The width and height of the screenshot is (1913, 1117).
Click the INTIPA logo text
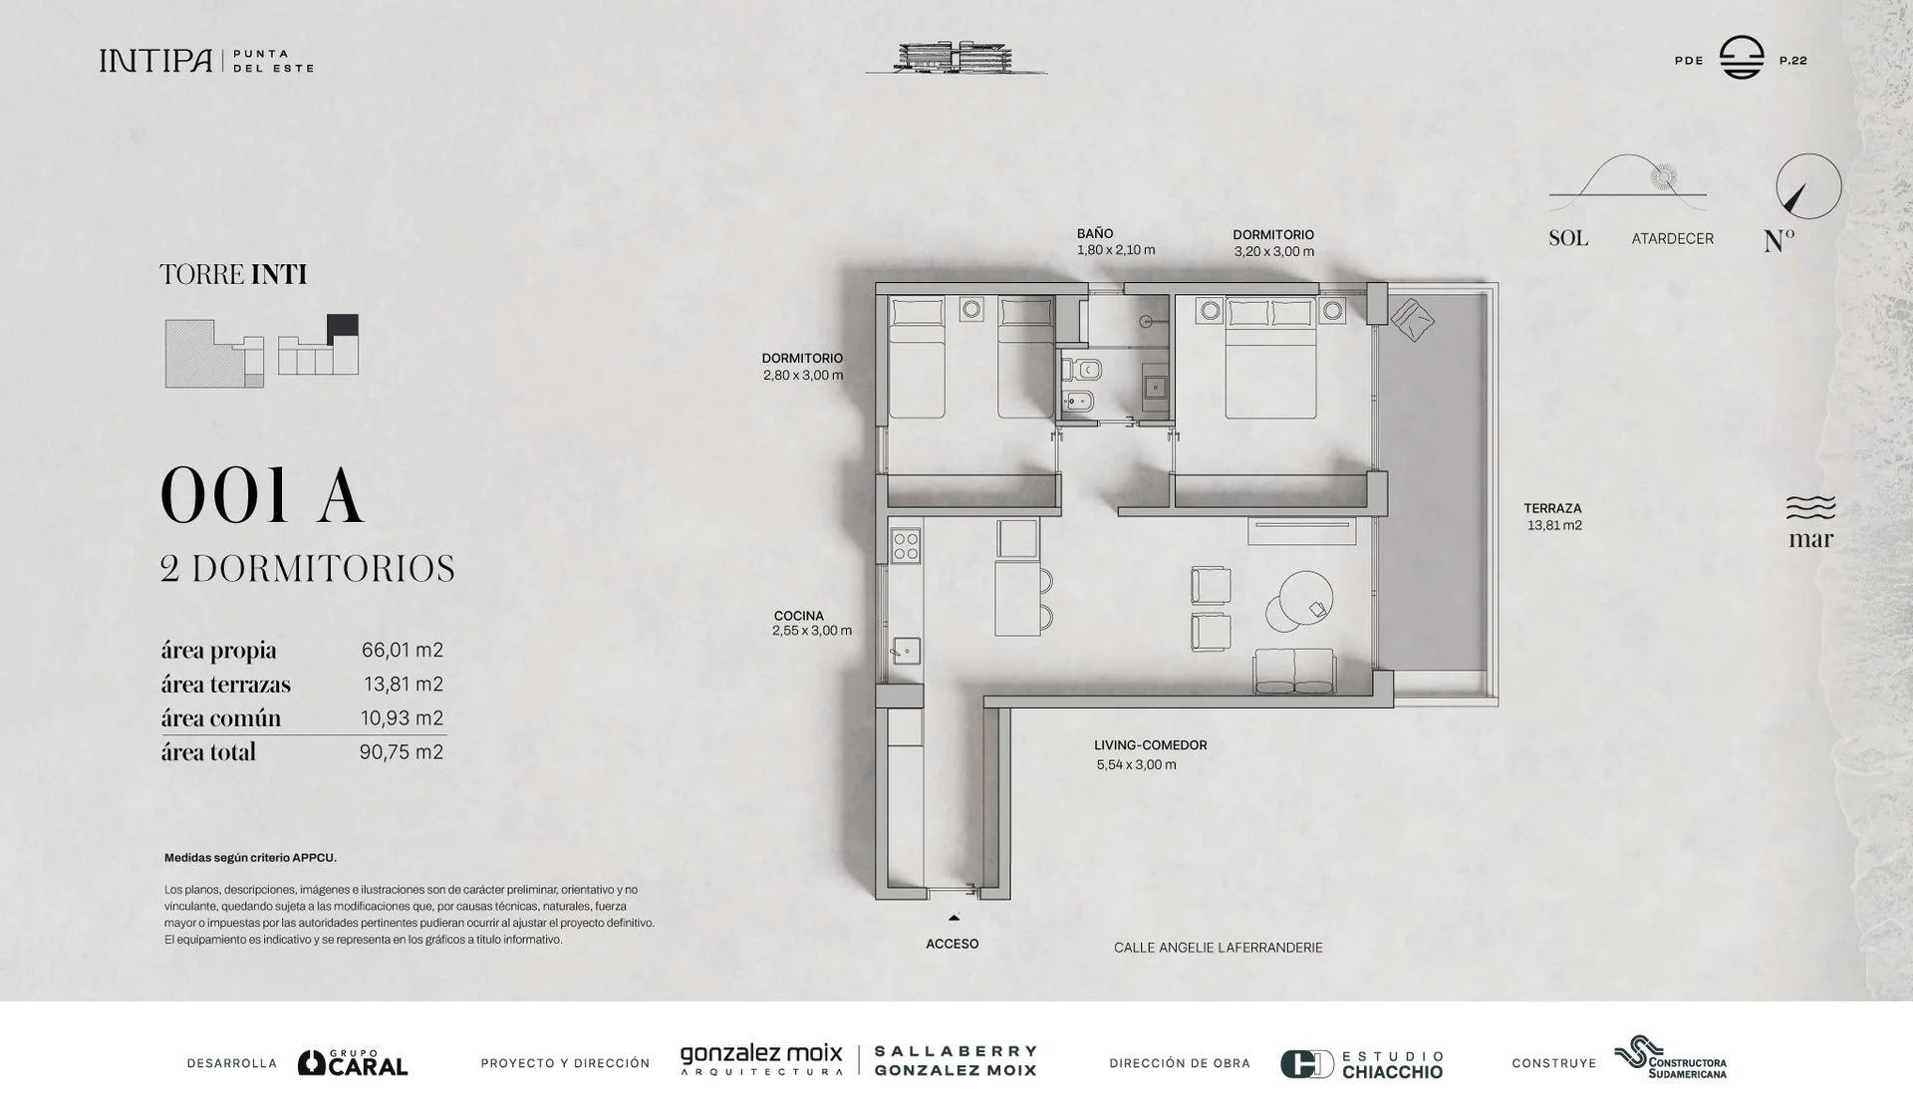pos(155,61)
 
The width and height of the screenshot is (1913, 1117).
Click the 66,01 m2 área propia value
pos(403,651)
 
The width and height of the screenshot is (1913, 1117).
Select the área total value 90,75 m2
pos(402,752)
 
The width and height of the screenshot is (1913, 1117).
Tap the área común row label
pos(221,718)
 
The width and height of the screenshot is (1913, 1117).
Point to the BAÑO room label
pos(1095,234)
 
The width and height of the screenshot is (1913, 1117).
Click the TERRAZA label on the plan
pos(1552,508)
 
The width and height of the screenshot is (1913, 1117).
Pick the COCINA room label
pos(799,616)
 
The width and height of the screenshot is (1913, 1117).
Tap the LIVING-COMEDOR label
pos(1151,745)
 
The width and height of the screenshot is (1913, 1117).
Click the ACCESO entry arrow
pos(954,918)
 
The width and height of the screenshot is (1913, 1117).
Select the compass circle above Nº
pos(1808,186)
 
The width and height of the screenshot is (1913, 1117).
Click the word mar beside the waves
pos(1810,539)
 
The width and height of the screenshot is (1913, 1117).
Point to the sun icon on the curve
pos(1662,177)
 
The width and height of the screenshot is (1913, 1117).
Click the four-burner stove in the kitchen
pos(906,546)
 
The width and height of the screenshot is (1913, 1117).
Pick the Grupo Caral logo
pos(353,1063)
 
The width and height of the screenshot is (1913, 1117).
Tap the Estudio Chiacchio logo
pos(1361,1064)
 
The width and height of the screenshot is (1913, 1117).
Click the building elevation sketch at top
pos(956,58)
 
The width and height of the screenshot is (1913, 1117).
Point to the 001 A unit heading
pos(262,496)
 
